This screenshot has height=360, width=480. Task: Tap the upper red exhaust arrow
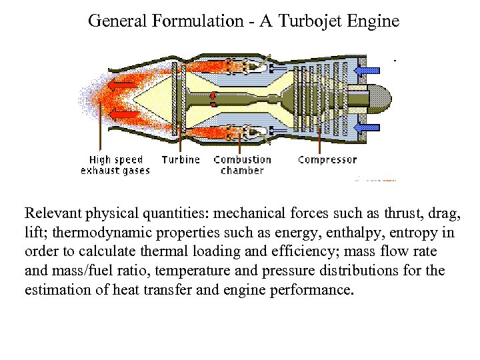122,85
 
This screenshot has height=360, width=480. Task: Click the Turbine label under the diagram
181,160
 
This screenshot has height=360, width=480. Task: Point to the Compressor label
327,160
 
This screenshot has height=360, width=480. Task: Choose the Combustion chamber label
243,165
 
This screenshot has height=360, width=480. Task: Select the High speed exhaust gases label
115,165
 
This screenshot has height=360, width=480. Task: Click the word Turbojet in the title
310,21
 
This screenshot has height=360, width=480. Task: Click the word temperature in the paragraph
197,271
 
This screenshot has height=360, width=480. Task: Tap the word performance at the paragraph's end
311,290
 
